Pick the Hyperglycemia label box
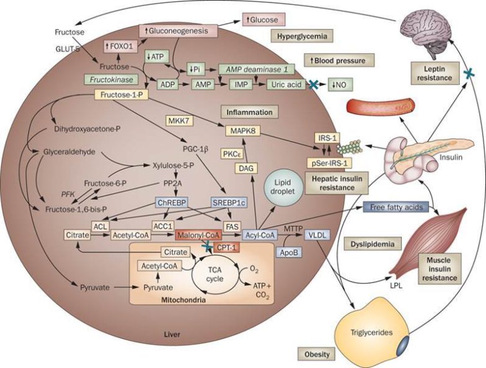pos(300,36)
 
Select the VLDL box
pos(317,236)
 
